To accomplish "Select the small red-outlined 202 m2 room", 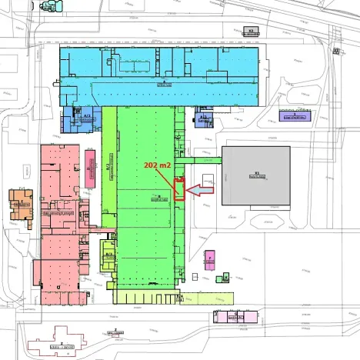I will (x=179, y=189).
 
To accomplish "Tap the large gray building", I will (x=255, y=176).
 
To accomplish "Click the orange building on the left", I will (x=21, y=205).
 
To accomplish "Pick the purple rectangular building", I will (x=295, y=116).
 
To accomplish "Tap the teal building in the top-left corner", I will (x=51, y=5).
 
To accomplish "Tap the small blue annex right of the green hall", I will (x=202, y=120).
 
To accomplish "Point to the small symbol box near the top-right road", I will (x=335, y=51).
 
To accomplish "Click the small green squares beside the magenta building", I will (x=225, y=276).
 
